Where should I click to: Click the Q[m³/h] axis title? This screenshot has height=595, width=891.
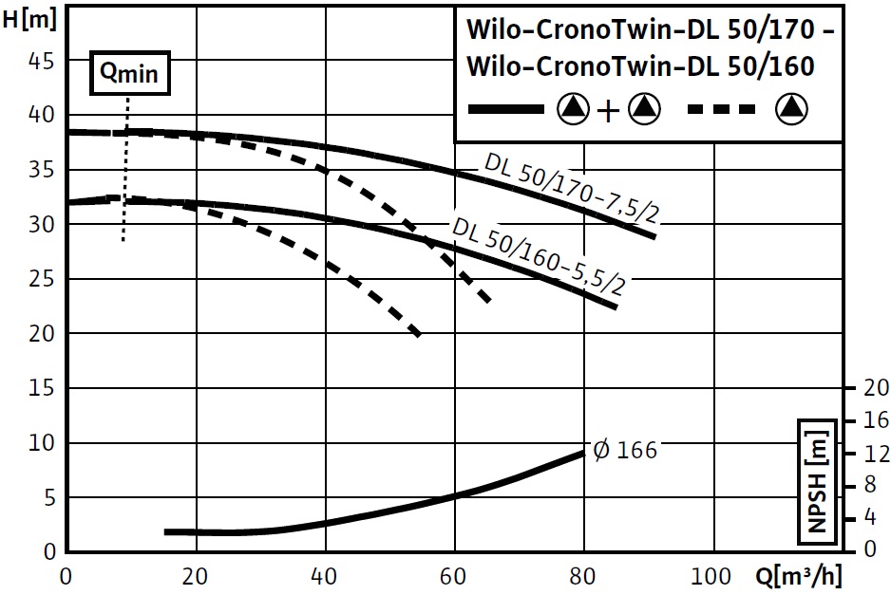click(x=799, y=575)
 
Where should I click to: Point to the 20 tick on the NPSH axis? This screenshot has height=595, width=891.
click(x=875, y=387)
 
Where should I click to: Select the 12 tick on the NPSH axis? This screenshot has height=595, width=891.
click(x=875, y=453)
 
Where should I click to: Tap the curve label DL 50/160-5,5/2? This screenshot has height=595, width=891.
click(x=539, y=256)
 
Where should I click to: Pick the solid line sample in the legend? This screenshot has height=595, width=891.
click(x=506, y=110)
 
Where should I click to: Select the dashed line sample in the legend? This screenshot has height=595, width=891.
click(x=722, y=110)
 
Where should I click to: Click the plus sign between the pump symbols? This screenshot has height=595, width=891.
click(x=608, y=111)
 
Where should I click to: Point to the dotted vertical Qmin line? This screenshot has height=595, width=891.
click(x=125, y=171)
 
